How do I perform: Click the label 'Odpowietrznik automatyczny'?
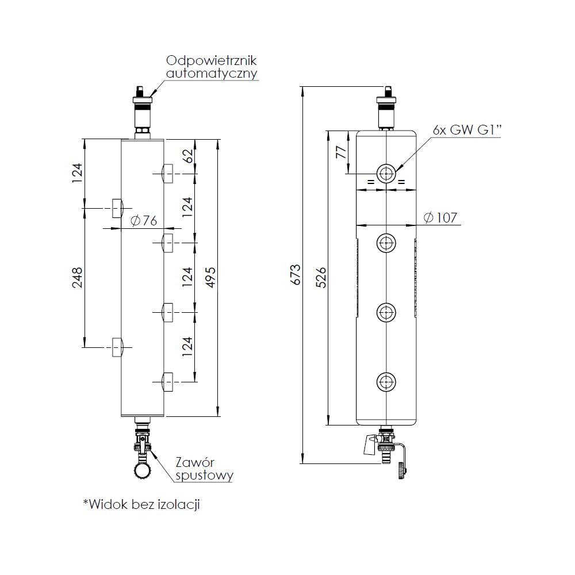[211, 67]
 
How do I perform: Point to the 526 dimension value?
[321, 278]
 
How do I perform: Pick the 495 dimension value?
[211, 278]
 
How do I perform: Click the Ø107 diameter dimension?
[439, 217]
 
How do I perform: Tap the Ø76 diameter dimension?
[144, 220]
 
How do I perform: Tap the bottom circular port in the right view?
[385, 381]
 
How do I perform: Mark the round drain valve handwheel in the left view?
[143, 471]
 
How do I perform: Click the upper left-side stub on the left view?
[117, 208]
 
